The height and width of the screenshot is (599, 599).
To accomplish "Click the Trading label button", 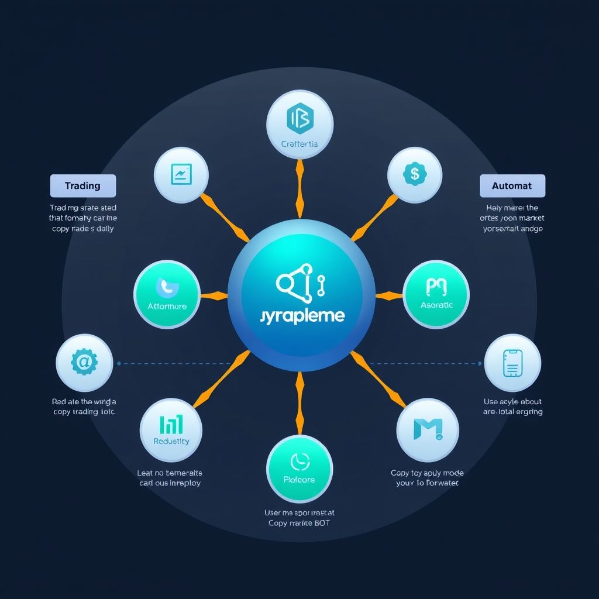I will pos(82,186).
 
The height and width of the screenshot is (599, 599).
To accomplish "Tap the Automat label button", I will pos(512,186).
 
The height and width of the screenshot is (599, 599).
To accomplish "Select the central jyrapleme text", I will pos(302,316).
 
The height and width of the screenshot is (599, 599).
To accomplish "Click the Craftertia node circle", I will pos(299,123).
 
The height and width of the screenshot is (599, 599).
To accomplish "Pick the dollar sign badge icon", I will pos(415,174).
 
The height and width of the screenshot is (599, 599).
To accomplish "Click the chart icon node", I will pos(181,174).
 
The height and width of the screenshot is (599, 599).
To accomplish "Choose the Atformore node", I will pos(167,294).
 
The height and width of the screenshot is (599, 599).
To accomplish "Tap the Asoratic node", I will pos(436,294).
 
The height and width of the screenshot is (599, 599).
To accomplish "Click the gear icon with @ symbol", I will pos(84,363).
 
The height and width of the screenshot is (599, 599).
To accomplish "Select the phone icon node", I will pos(512,363).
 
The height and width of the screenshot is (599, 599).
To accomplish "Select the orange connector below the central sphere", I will pos(299,404).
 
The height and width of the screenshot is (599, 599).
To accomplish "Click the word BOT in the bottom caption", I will pos(321,522).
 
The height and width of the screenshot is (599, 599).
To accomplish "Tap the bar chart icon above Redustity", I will pos(171,424).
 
